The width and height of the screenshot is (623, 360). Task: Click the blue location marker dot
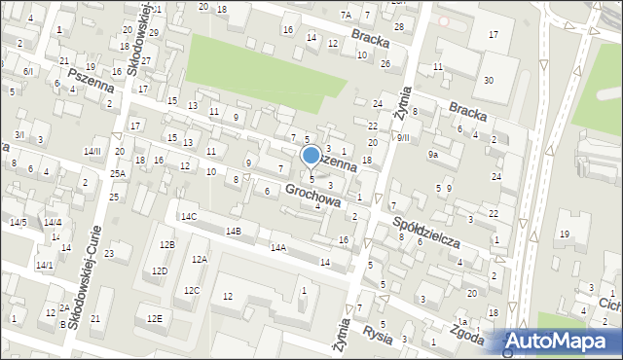point(311,155)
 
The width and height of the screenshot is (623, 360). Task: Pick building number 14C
point(188,216)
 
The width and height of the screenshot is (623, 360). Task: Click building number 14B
point(233,231)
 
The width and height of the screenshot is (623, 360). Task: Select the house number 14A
point(278,247)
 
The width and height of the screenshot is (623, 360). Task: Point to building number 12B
point(167,244)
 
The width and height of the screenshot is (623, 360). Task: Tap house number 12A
point(199,259)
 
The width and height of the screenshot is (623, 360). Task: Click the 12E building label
point(154,318)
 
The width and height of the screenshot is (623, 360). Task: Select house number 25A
point(118,173)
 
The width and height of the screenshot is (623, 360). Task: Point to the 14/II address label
point(92,151)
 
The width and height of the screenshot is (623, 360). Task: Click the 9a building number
point(433,154)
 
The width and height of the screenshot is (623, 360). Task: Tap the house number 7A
point(346,15)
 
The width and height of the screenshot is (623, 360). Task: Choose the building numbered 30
point(488,80)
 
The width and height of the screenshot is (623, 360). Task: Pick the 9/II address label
point(402,137)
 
